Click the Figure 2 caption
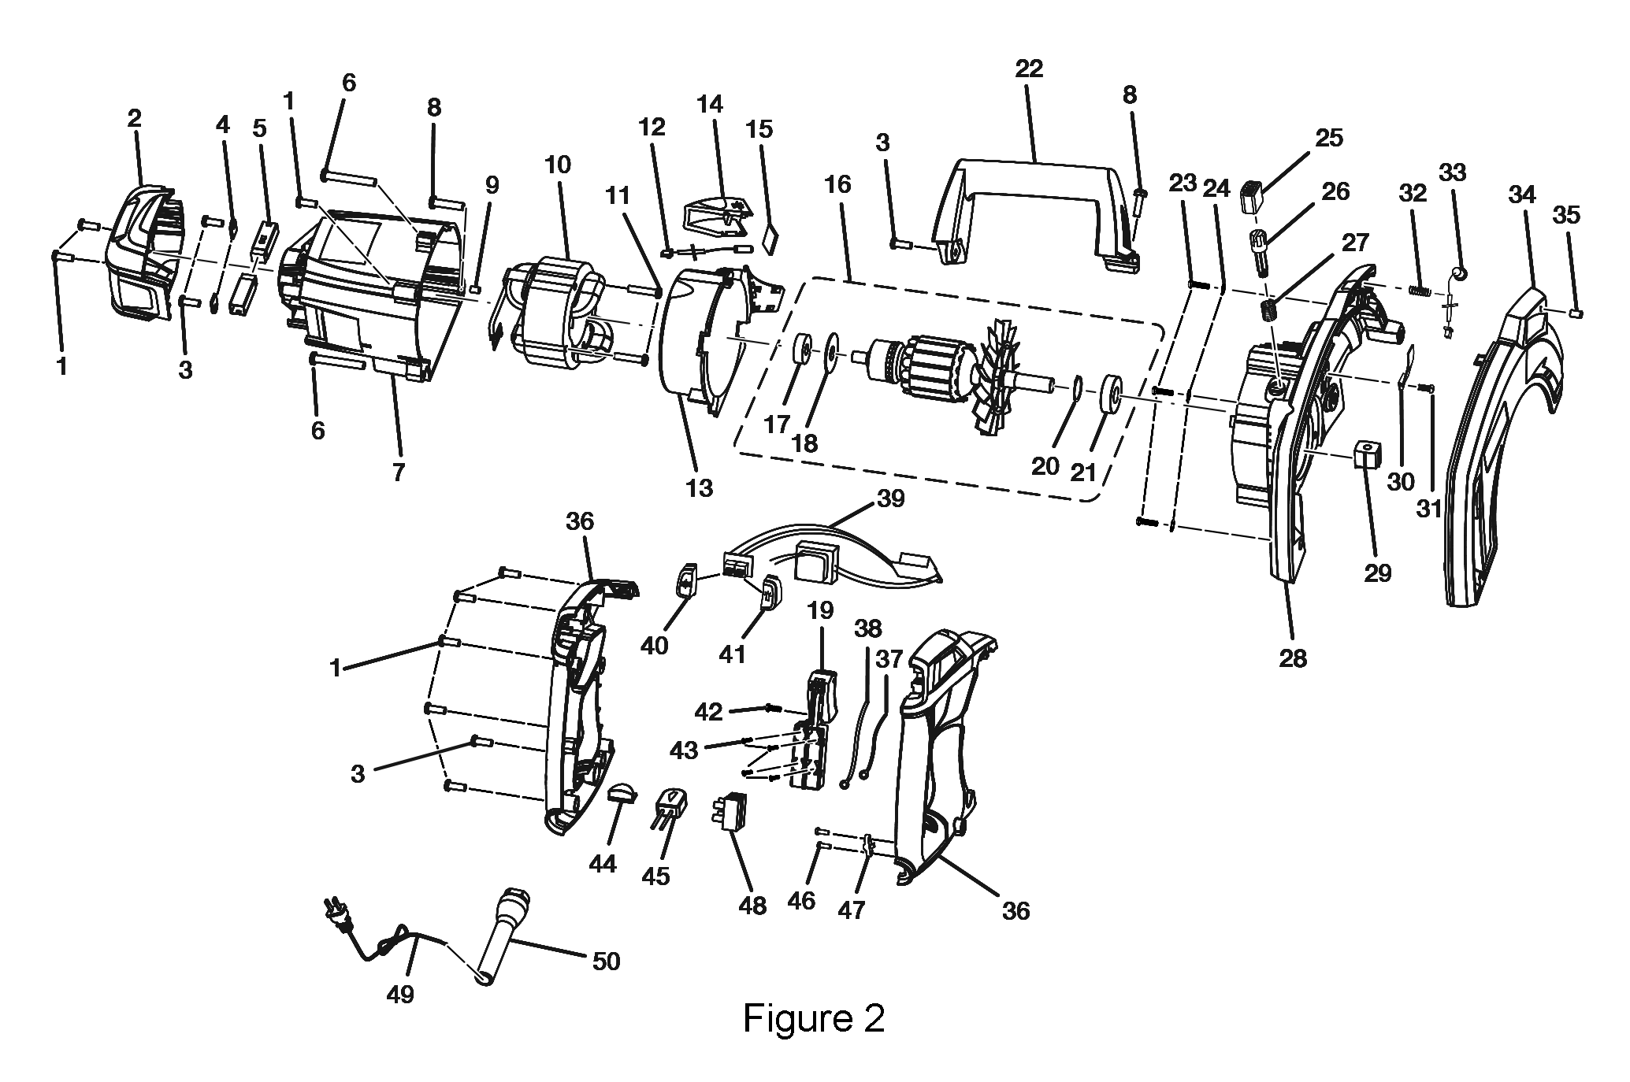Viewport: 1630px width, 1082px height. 814,1018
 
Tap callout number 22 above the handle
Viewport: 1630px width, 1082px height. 1028,69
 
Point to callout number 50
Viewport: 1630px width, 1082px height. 607,961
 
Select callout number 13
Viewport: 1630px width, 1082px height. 699,487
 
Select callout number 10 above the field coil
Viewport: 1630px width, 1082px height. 557,165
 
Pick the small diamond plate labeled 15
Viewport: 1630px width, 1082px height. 772,236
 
